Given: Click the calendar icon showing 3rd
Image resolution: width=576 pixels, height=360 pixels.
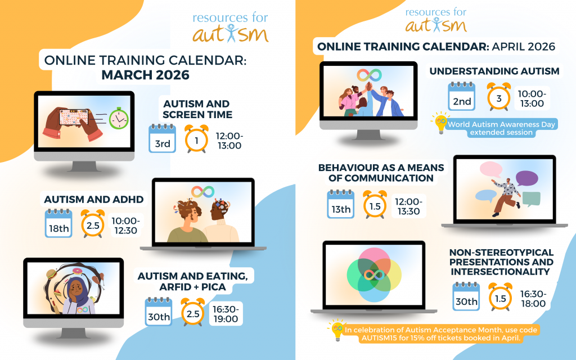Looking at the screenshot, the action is click(x=163, y=138).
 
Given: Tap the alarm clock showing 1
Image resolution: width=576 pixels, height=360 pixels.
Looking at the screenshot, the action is click(x=196, y=138).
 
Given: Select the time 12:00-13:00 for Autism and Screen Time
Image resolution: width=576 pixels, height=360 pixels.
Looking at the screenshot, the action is click(x=229, y=141).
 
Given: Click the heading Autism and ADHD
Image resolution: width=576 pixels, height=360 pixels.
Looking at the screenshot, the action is click(x=94, y=200).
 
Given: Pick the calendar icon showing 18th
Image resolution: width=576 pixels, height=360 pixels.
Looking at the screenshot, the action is click(x=58, y=223).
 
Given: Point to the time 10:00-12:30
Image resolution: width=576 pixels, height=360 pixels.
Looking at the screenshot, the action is click(x=125, y=226).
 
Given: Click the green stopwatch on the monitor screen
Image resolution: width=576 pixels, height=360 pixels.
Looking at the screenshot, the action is click(x=119, y=118).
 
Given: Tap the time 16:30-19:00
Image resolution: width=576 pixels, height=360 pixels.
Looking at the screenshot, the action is click(x=226, y=314).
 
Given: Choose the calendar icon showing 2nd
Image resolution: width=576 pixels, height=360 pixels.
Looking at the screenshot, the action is click(x=462, y=97).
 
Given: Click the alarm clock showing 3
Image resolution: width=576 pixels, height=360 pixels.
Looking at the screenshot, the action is click(x=499, y=97).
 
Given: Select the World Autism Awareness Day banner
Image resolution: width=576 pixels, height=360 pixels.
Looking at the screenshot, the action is click(x=501, y=128).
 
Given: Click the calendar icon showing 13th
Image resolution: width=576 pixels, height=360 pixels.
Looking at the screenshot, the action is click(x=341, y=204).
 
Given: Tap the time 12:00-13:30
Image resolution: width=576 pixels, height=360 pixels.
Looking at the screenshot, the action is click(x=408, y=206).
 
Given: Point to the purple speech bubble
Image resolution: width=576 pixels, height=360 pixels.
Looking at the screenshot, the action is click(x=526, y=179).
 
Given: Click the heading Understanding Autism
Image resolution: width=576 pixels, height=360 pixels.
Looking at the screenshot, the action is click(x=494, y=71).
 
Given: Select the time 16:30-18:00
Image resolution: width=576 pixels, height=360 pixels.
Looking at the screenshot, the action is click(x=533, y=299).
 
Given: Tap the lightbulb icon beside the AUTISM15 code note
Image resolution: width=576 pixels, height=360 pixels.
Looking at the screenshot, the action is click(x=337, y=331).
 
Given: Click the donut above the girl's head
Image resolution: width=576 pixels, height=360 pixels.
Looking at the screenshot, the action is click(x=78, y=272).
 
